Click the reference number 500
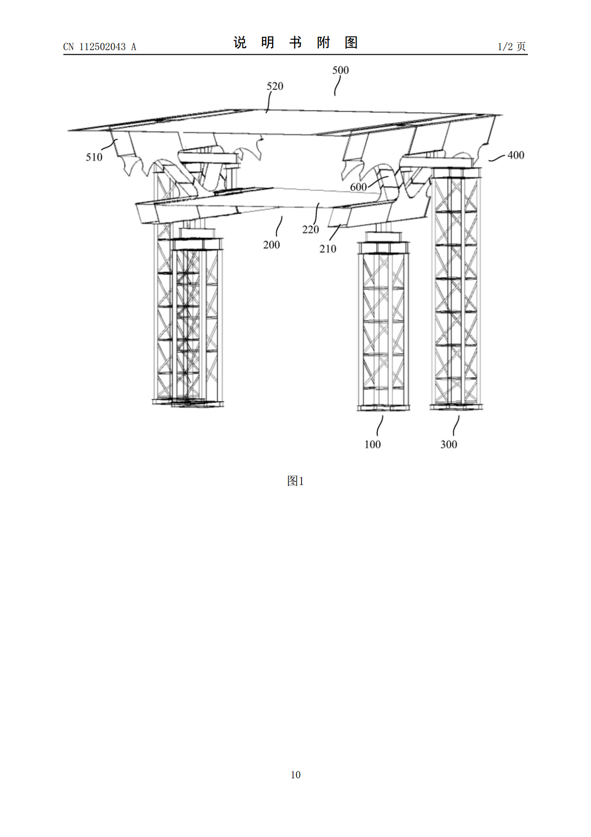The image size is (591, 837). [340, 70]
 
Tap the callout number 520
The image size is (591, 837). [275, 86]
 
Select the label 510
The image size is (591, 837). [94, 158]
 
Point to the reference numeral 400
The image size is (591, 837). [516, 155]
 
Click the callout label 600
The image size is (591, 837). [358, 187]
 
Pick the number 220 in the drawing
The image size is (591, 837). [310, 230]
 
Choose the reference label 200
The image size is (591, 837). [271, 245]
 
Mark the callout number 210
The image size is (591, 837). [327, 249]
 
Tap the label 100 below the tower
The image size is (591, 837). [372, 444]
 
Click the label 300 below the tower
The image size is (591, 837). [448, 444]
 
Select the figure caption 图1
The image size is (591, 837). [295, 481]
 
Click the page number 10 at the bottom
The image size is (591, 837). [295, 775]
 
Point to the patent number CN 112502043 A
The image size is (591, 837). [99, 47]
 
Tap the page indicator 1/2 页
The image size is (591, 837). [512, 46]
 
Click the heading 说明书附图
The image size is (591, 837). [295, 43]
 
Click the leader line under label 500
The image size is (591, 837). [337, 86]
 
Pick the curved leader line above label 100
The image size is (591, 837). [379, 425]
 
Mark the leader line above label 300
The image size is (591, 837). [456, 425]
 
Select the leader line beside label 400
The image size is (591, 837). [497, 159]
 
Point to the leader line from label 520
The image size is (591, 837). [268, 102]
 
